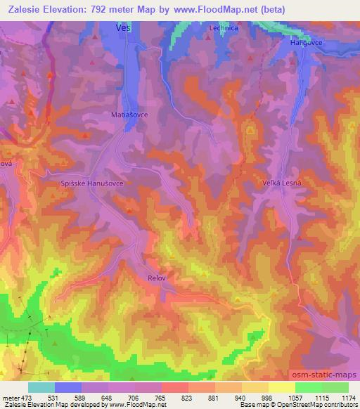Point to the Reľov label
(157, 278)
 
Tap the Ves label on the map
(123, 28)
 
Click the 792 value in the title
(103, 11)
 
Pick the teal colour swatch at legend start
(41, 387)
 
